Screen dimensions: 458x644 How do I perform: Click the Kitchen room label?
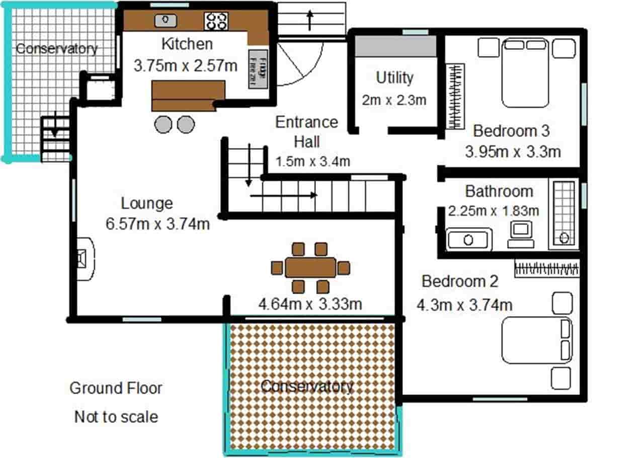[187, 44]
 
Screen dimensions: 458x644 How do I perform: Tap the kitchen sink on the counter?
[165, 21]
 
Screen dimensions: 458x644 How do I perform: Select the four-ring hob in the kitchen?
[216, 21]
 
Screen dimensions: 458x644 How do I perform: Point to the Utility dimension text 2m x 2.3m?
[394, 100]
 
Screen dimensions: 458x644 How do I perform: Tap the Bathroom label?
[499, 191]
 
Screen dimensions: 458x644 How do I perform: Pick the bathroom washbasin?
[469, 239]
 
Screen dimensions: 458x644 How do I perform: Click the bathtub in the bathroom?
[564, 214]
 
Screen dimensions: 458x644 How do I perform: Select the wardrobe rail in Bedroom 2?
[546, 268]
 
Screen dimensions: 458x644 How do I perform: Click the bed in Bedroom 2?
[537, 340]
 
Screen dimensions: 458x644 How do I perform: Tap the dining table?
[310, 268]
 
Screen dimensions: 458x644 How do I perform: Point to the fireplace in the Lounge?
[85, 258]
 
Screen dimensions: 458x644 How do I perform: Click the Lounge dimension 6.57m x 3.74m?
[157, 223]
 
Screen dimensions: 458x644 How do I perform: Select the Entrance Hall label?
[306, 132]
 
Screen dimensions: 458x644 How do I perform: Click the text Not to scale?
[116, 417]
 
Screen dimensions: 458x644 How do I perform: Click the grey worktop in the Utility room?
[395, 46]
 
